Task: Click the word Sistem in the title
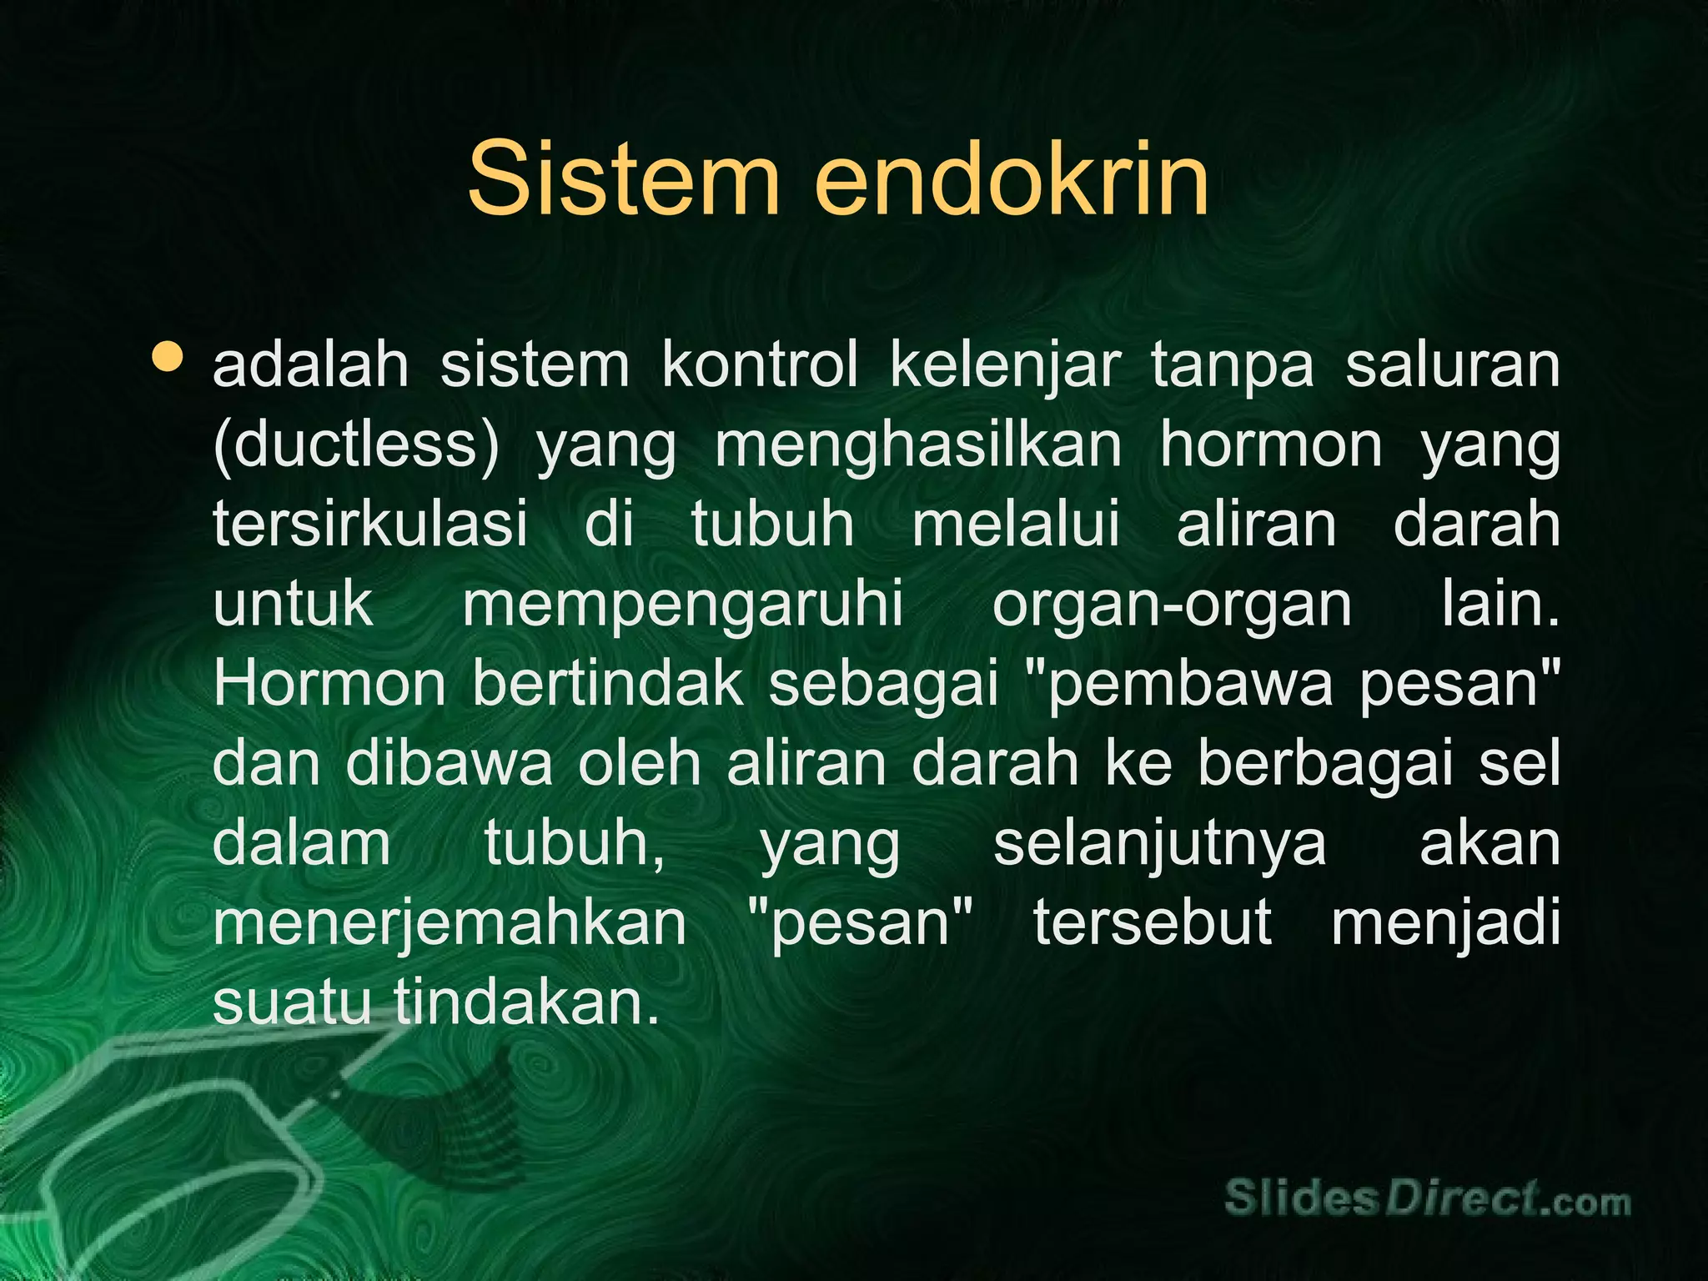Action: [x=623, y=178]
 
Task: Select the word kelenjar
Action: [x=1004, y=366]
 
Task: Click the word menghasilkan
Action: [x=918, y=446]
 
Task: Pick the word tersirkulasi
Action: [x=370, y=525]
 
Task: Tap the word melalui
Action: [x=1015, y=525]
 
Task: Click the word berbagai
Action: [x=1325, y=764]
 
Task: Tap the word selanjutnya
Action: [x=1159, y=844]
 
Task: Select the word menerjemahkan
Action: [x=450, y=924]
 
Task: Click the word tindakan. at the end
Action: [x=526, y=1002]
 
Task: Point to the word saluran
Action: [x=1452, y=366]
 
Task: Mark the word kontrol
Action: [x=760, y=366]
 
